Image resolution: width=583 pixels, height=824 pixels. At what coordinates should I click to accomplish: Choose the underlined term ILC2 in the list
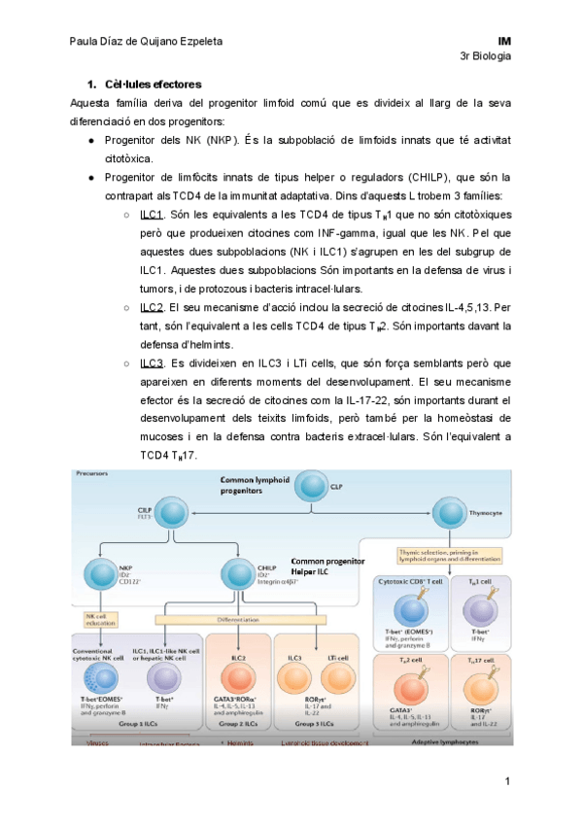(x=152, y=307)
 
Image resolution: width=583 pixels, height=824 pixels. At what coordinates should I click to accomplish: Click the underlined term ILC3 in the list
(x=152, y=362)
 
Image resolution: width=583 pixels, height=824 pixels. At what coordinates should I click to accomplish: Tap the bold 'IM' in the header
(x=503, y=43)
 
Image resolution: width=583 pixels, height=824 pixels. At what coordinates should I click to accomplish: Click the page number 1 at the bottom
(x=506, y=782)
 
